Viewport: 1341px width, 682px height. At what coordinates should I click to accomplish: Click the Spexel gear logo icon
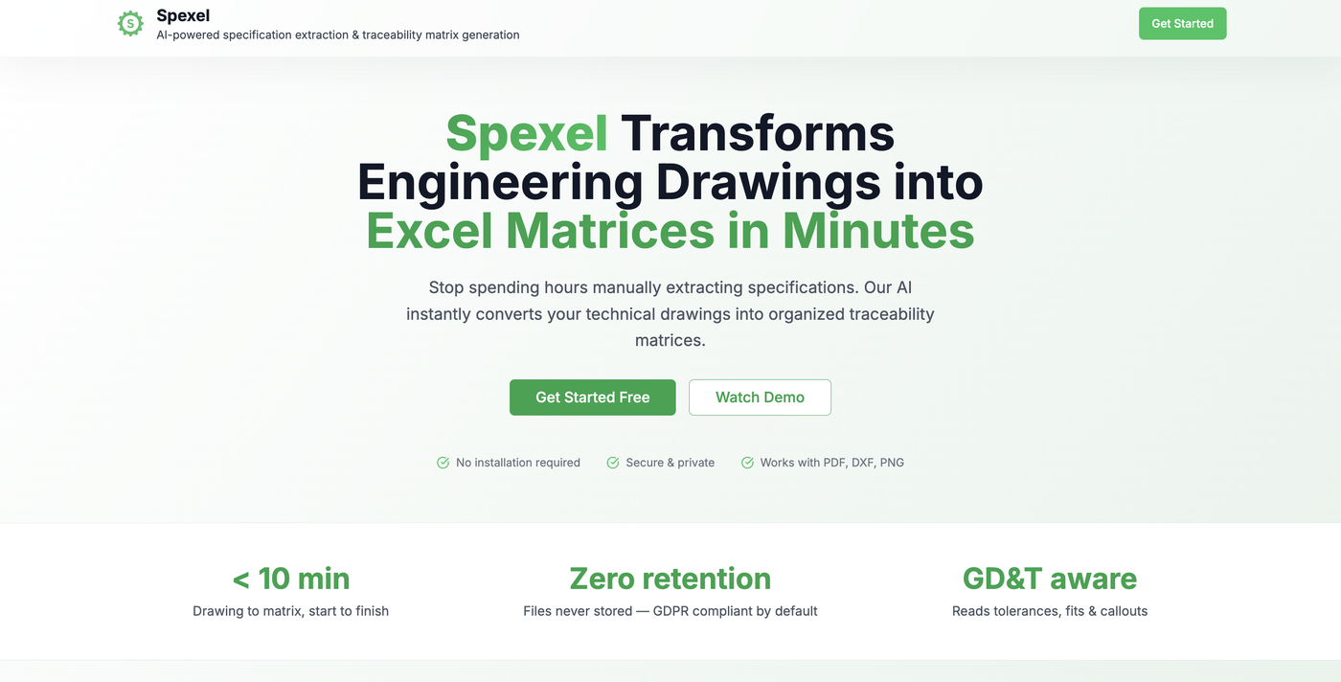[130, 23]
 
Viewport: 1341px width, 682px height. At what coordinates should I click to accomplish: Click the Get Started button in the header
[1182, 24]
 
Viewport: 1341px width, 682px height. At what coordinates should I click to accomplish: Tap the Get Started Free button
[592, 398]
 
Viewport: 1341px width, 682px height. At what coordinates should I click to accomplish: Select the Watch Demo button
[760, 398]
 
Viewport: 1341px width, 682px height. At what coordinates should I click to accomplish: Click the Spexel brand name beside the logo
[183, 15]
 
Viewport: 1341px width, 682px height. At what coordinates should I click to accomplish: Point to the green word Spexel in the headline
[527, 133]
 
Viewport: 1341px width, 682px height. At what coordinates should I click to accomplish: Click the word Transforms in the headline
[758, 133]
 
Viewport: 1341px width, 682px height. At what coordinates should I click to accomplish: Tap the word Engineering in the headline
[499, 182]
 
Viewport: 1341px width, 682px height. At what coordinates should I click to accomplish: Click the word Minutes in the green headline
[878, 231]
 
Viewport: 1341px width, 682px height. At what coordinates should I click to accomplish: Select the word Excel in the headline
[429, 231]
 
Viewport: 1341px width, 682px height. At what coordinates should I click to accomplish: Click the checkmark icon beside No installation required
[443, 463]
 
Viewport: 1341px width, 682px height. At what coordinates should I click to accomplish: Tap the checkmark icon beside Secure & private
[613, 463]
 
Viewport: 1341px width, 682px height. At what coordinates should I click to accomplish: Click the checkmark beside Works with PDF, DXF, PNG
[747, 463]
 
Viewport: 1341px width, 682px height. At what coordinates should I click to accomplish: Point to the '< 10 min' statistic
[290, 579]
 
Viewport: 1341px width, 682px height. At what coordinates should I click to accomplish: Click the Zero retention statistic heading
[670, 579]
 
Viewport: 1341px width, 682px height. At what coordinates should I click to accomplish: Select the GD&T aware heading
[1049, 579]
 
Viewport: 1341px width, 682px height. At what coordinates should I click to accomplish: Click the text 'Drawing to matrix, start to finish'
[290, 611]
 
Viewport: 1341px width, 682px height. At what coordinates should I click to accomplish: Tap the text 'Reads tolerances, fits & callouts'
[1049, 611]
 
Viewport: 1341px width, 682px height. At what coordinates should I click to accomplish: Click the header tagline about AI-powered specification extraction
[338, 35]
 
